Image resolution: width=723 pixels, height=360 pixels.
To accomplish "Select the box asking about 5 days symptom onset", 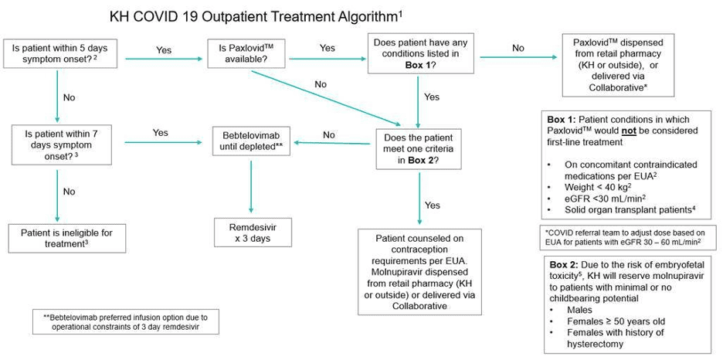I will pyautogui.click(x=59, y=53).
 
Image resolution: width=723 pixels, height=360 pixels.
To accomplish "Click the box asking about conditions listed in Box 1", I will pyautogui.click(x=419, y=53).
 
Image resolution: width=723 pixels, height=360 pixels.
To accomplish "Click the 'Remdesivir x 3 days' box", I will pyautogui.click(x=249, y=232).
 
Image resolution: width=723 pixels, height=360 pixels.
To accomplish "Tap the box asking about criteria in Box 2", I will pyautogui.click(x=417, y=148).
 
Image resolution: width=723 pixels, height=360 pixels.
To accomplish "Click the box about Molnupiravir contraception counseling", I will pyautogui.click(x=417, y=271).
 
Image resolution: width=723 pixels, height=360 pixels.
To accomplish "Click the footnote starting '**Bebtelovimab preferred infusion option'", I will pyautogui.click(x=125, y=321).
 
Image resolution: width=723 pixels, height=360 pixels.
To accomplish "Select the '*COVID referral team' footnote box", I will pyautogui.click(x=628, y=236).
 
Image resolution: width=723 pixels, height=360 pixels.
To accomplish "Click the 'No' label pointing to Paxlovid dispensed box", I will pyautogui.click(x=518, y=48).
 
